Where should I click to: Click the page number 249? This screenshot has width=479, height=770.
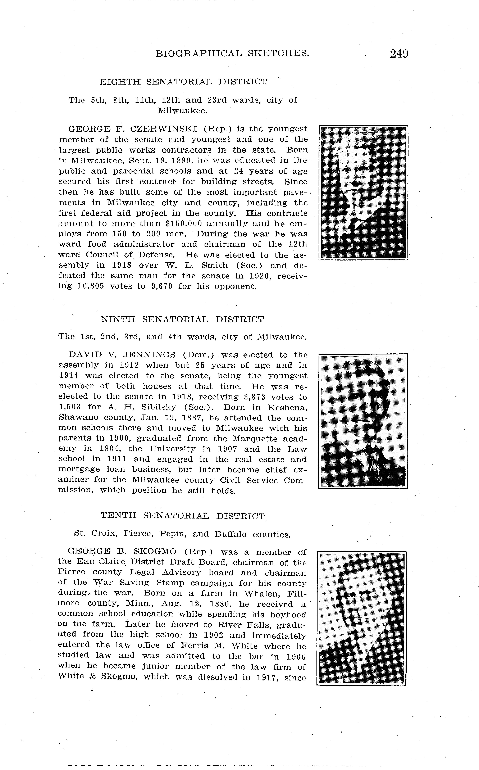pos(399,54)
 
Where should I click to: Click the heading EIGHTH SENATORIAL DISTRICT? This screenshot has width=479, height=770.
pos(183,82)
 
